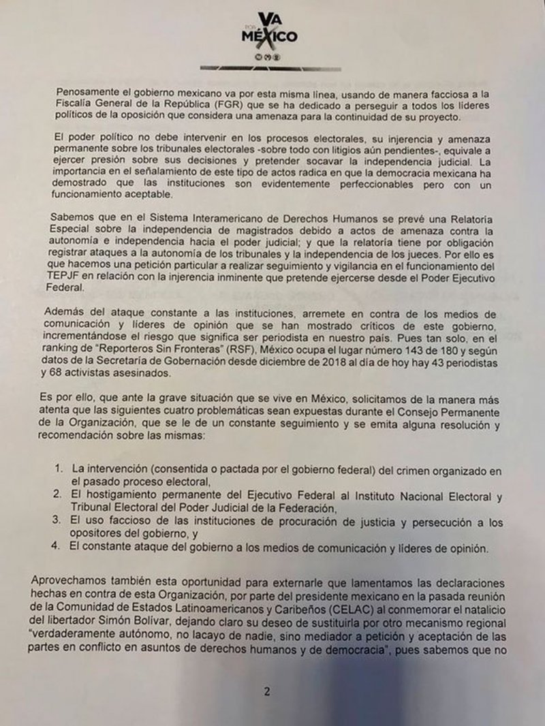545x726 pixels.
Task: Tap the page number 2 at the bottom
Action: coord(267,692)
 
